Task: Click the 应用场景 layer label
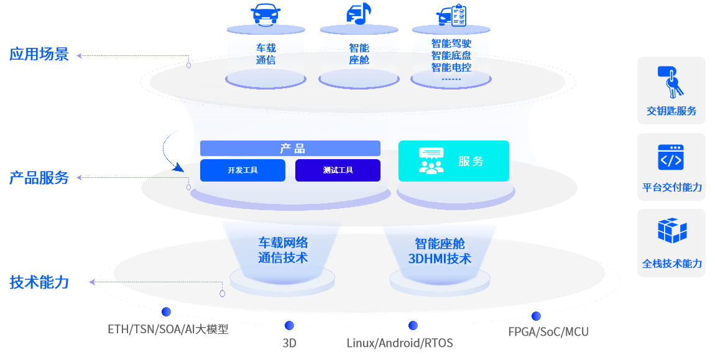click(39, 54)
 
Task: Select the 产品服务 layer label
click(39, 178)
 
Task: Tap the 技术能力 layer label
click(39, 282)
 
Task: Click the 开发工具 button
click(242, 170)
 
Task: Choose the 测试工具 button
click(338, 170)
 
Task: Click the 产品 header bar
click(290, 149)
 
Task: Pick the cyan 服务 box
click(453, 161)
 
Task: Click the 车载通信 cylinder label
click(265, 54)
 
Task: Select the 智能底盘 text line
click(451, 55)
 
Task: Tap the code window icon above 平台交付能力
click(671, 157)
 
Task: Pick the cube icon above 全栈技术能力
click(671, 231)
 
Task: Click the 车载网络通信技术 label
click(284, 250)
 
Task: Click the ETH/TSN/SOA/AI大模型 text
click(168, 329)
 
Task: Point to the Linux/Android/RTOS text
click(400, 343)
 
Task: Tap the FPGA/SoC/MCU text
click(548, 331)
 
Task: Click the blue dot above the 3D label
click(289, 325)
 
